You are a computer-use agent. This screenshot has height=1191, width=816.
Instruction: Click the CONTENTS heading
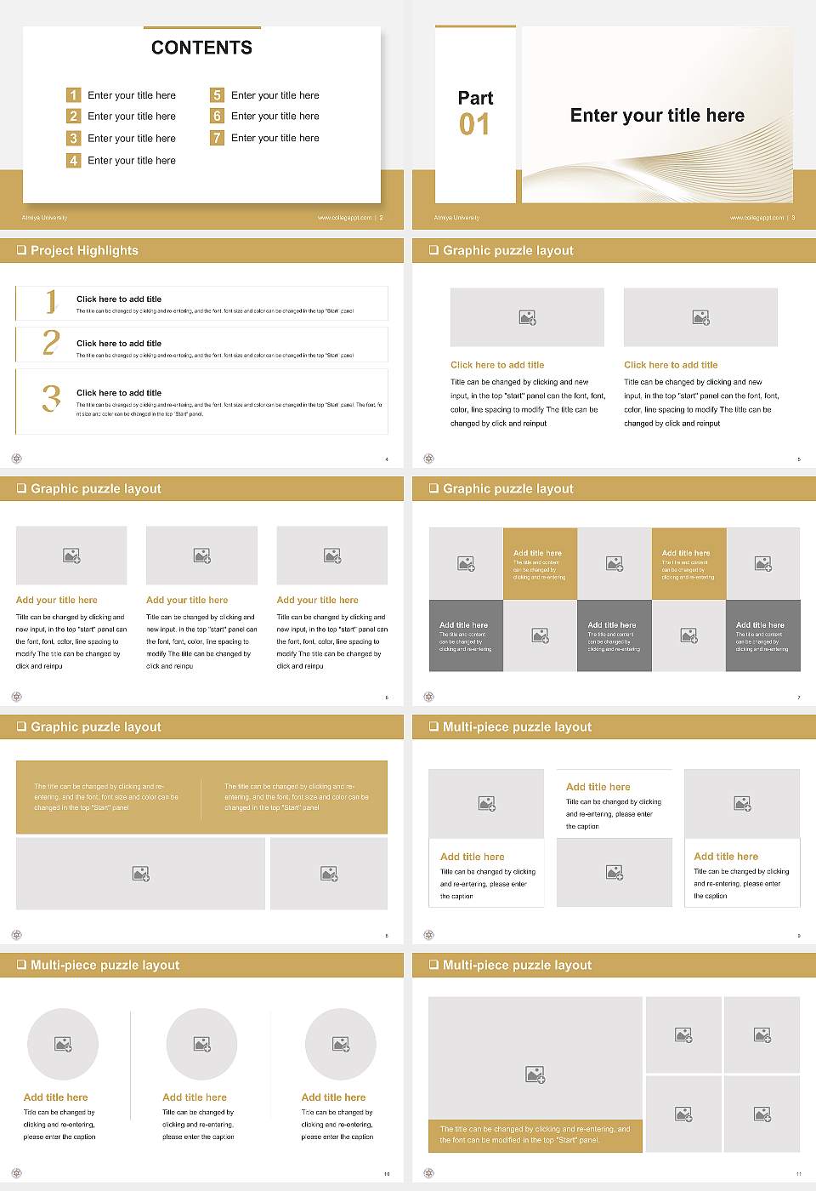click(201, 48)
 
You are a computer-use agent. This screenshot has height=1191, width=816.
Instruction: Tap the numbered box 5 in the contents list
click(217, 95)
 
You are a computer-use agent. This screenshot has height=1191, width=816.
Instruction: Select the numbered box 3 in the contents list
click(74, 138)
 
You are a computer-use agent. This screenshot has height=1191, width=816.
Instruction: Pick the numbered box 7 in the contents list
click(217, 138)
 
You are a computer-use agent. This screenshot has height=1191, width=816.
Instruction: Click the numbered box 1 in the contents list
click(74, 95)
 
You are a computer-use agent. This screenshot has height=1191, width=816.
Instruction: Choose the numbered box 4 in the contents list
click(74, 160)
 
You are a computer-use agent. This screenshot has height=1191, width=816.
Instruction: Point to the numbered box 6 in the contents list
click(217, 116)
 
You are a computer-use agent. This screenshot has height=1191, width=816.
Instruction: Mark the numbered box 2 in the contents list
click(74, 116)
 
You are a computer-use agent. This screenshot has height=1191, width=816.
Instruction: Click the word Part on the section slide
click(475, 98)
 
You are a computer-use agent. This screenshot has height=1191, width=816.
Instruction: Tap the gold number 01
click(474, 125)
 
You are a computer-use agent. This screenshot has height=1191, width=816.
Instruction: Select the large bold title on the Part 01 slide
click(657, 116)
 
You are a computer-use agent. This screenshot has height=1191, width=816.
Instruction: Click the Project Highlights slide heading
click(84, 250)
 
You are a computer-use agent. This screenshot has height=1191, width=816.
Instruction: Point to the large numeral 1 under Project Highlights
click(51, 301)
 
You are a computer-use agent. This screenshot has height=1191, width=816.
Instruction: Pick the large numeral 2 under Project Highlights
click(51, 343)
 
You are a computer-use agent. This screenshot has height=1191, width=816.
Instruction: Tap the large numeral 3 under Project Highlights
click(51, 398)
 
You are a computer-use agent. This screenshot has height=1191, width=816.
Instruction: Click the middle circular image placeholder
click(201, 1044)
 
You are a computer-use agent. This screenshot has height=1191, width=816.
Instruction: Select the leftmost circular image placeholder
click(63, 1044)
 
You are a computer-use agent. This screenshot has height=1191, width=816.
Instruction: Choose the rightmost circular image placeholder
click(340, 1044)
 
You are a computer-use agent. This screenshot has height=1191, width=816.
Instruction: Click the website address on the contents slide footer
click(344, 218)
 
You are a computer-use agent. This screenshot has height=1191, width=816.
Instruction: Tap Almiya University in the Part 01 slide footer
click(456, 218)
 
